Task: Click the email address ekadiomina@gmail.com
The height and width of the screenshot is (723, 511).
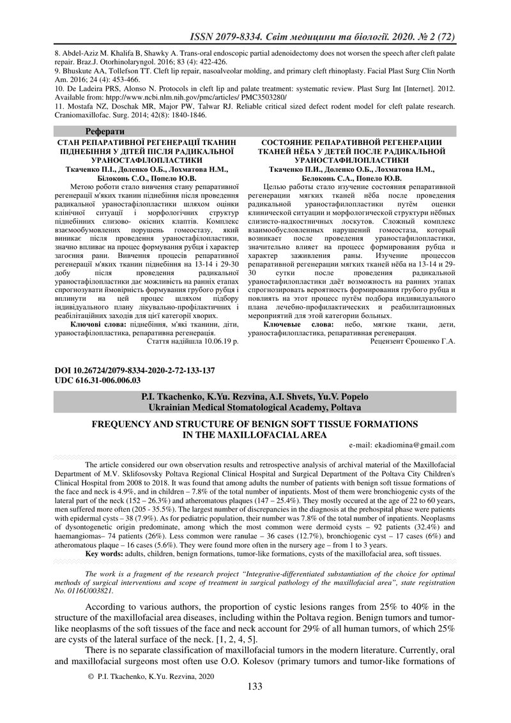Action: pos(415,445)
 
